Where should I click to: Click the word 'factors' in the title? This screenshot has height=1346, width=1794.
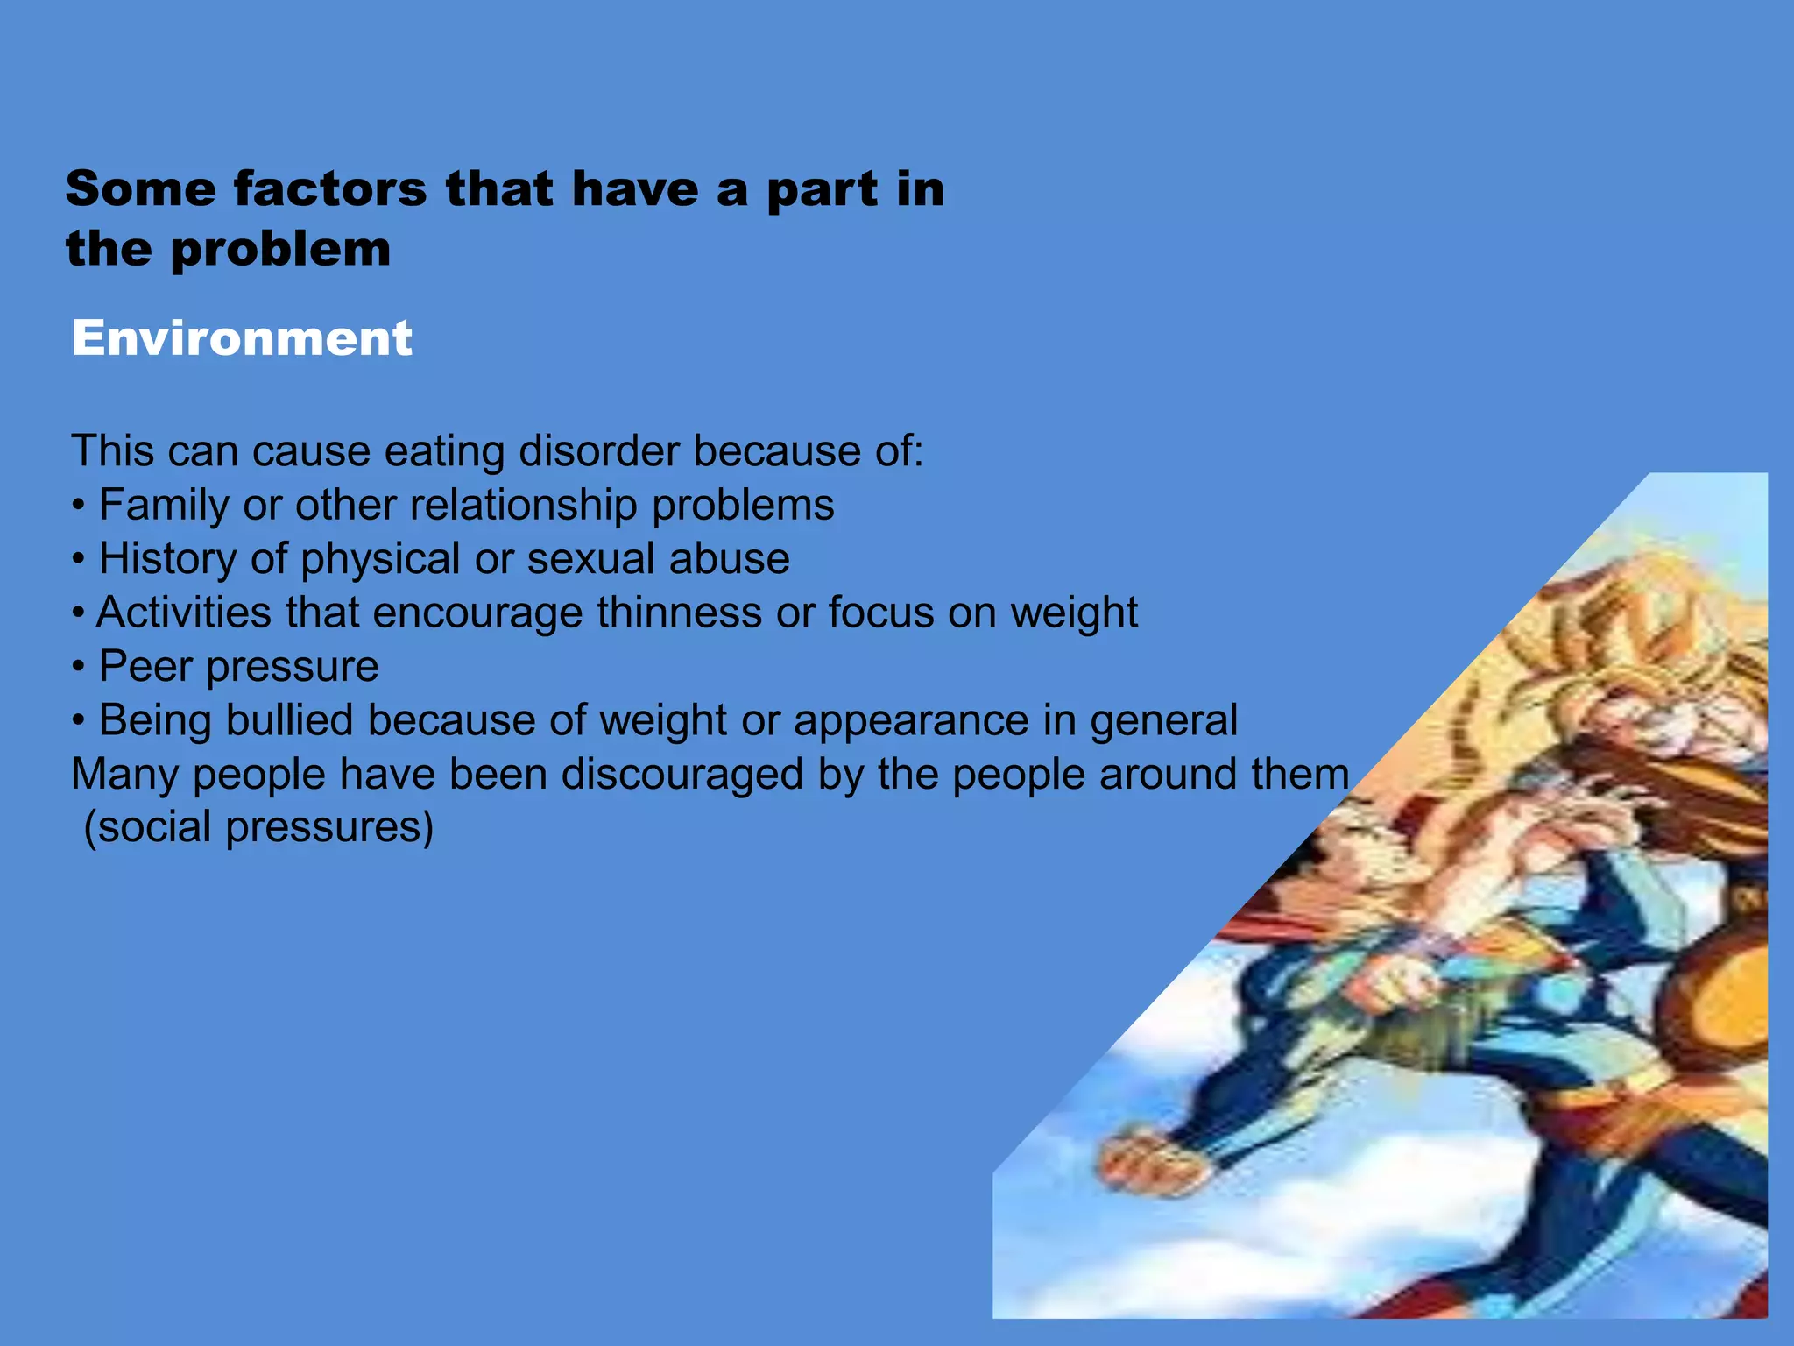coord(330,189)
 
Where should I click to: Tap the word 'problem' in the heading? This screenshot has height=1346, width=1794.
coord(280,250)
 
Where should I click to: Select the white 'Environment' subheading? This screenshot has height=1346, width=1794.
coord(241,338)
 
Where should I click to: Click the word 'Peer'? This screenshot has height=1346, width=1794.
coord(133,667)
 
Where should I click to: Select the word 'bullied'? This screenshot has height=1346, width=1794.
coord(288,720)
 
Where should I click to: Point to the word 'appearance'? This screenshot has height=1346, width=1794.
coord(911,722)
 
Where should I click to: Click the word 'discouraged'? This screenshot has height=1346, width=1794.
coord(682,775)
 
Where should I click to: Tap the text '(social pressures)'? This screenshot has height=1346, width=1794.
coord(258,827)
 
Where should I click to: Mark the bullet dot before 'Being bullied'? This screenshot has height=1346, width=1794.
coord(79,722)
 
